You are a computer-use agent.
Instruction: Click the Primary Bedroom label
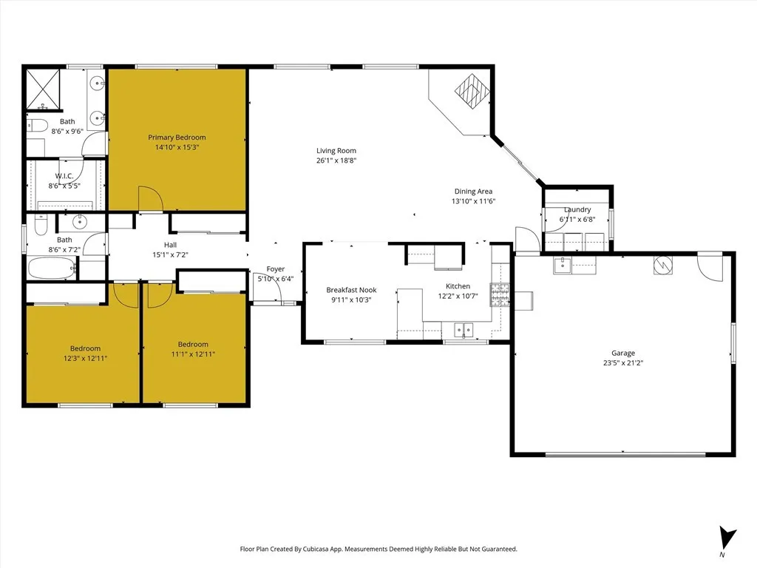click(177, 138)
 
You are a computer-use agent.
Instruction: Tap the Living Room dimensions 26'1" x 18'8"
click(336, 160)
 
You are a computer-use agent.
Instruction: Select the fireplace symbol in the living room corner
click(472, 92)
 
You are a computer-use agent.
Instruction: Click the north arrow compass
click(727, 538)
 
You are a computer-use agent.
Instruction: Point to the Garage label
click(622, 354)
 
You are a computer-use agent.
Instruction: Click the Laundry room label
click(577, 210)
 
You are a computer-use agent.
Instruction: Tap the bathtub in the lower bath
click(52, 269)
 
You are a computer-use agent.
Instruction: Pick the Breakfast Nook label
click(351, 290)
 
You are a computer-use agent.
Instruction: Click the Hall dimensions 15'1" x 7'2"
click(170, 255)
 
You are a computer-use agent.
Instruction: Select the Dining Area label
click(473, 192)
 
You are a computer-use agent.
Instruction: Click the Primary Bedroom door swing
click(150, 199)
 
